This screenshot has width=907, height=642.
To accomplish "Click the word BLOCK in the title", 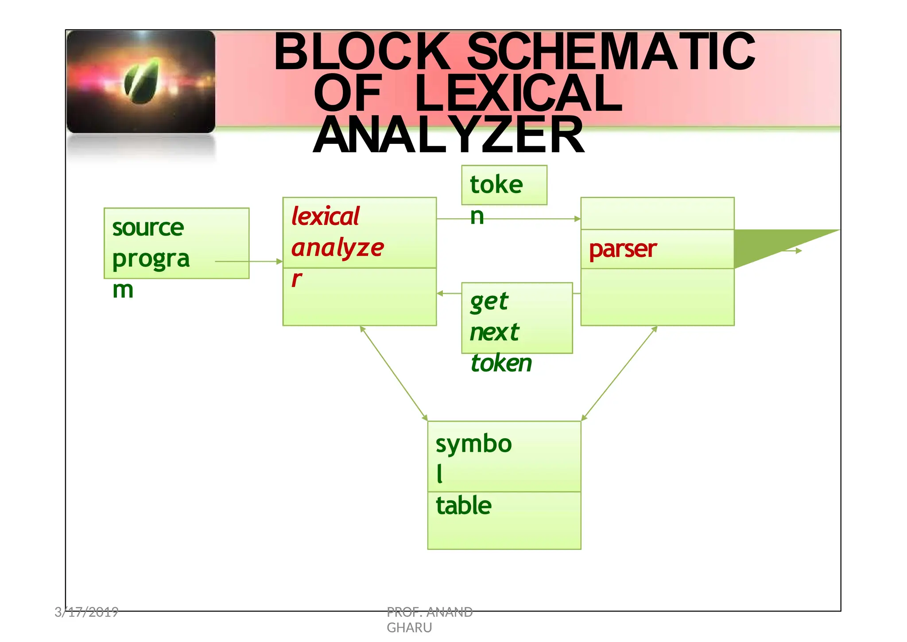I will pyautogui.click(x=362, y=52).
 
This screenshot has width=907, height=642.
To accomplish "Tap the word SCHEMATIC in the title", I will pyautogui.click(x=611, y=52).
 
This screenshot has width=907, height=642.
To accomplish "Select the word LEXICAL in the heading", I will pyautogui.click(x=518, y=93).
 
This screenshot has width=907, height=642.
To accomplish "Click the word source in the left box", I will pyautogui.click(x=148, y=228).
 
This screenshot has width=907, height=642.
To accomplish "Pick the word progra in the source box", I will pyautogui.click(x=151, y=259).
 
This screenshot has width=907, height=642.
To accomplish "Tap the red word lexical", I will pyautogui.click(x=326, y=217).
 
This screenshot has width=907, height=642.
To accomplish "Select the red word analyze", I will pyautogui.click(x=337, y=248).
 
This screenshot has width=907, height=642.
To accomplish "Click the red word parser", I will pyautogui.click(x=622, y=249).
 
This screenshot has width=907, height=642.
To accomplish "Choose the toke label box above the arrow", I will pyautogui.click(x=504, y=185).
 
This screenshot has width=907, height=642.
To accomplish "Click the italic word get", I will pyautogui.click(x=489, y=302).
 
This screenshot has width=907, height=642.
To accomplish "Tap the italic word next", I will pyautogui.click(x=494, y=333).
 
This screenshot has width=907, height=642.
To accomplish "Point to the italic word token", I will pyautogui.click(x=501, y=363).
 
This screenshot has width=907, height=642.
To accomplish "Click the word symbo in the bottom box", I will pyautogui.click(x=473, y=444).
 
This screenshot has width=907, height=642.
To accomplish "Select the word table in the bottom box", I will pyautogui.click(x=464, y=506).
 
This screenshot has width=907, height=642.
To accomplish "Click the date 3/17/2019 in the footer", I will pyautogui.click(x=86, y=612).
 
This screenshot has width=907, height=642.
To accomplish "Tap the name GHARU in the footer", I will pyautogui.click(x=409, y=628).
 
